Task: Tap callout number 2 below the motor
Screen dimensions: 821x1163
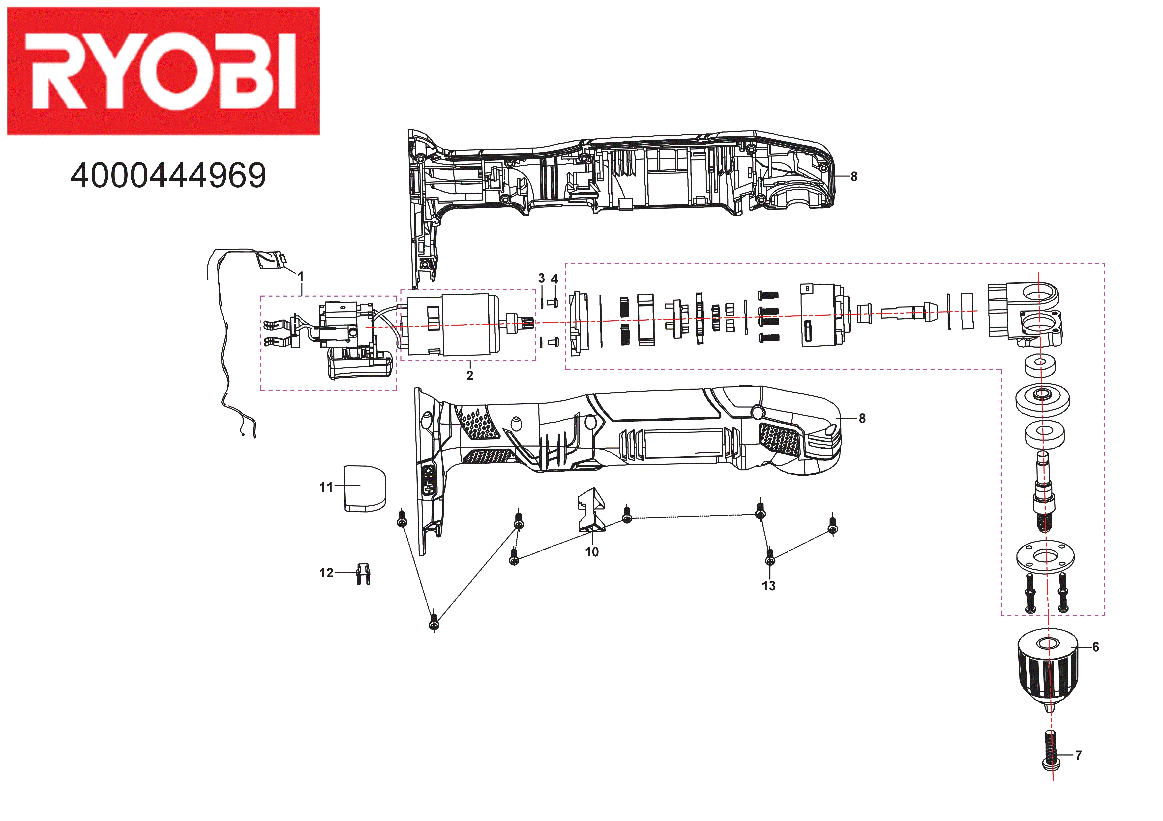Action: (470, 376)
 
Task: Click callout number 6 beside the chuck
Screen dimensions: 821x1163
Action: (1096, 647)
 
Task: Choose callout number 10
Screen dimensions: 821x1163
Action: (592, 552)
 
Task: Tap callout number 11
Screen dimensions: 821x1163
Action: (326, 487)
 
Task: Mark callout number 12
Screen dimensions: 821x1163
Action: (326, 573)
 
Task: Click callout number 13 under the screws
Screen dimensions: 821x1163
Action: (768, 586)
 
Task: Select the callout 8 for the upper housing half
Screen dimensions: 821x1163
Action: (854, 177)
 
